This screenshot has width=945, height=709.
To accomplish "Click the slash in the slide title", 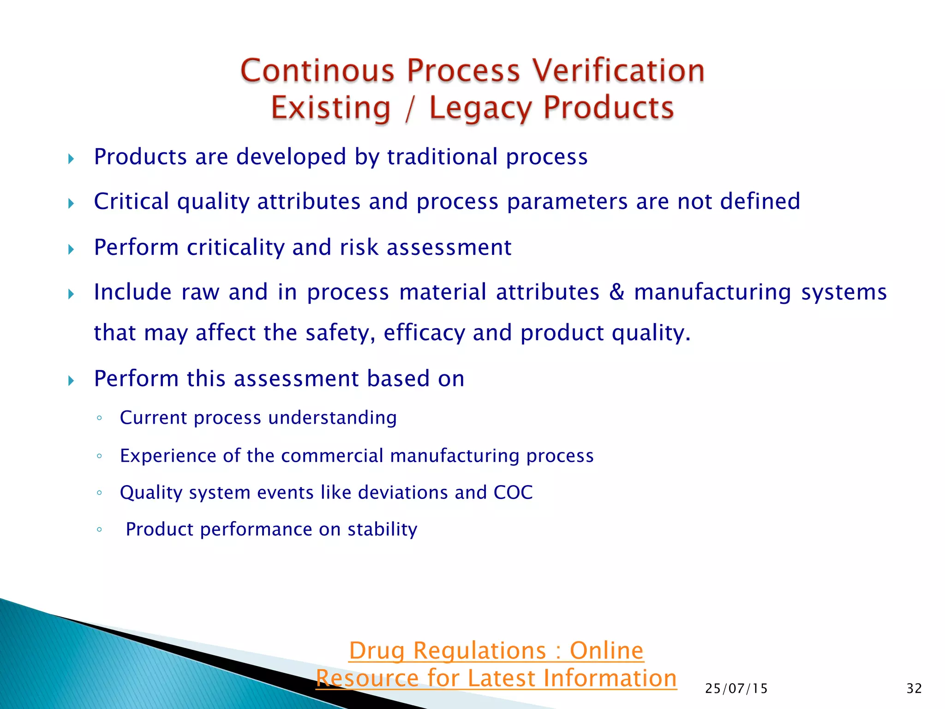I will click(409, 108).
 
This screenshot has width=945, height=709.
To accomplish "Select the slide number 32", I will click(914, 689).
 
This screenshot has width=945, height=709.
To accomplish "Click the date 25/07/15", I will click(736, 689).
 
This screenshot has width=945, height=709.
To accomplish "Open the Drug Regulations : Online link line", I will click(496, 651).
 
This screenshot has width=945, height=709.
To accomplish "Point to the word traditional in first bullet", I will click(443, 157).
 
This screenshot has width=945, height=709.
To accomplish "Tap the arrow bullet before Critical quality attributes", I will click(71, 203).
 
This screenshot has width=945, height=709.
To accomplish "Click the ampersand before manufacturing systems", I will click(617, 292).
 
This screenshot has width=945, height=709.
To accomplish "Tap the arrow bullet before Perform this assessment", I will click(71, 381).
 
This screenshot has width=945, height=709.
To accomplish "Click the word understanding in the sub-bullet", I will click(332, 418).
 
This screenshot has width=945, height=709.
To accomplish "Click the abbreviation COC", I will click(513, 493).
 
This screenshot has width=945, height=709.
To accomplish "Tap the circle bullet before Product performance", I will click(99, 529).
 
